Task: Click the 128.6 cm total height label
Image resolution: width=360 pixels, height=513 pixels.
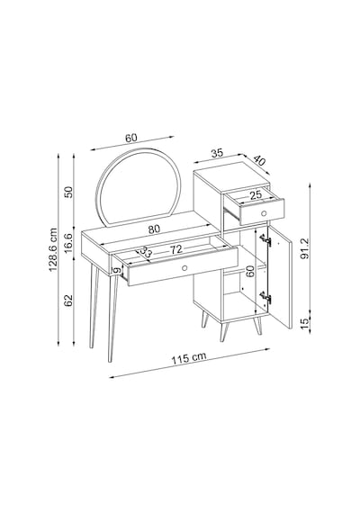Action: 53,249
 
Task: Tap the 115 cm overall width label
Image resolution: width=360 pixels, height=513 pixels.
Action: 189,358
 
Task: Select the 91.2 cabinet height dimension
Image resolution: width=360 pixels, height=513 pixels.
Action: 304,248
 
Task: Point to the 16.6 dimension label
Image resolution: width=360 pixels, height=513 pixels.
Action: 68,243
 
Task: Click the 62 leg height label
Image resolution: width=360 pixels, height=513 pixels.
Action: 68,301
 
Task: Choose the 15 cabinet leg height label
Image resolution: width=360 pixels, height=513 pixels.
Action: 305,323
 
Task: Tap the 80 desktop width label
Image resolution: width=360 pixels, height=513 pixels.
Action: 154,229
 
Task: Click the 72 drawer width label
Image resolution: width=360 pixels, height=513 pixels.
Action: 175,249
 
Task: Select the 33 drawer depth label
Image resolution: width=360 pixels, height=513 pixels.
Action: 146,251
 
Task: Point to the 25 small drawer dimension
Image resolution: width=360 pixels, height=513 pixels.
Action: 256,195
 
